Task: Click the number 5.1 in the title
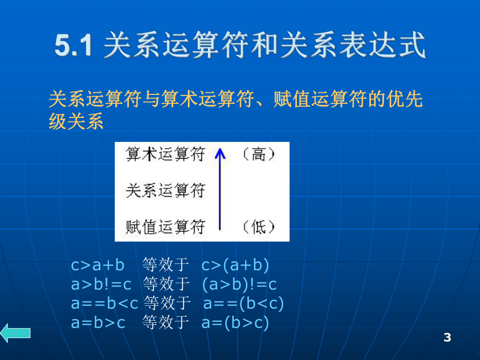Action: pyautogui.click(x=73, y=46)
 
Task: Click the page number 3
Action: pyautogui.click(x=447, y=338)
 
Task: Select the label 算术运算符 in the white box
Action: pyautogui.click(x=165, y=154)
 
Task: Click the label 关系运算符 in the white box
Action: pyautogui.click(x=165, y=191)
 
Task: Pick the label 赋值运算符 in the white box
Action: pyautogui.click(x=165, y=227)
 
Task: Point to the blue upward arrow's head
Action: pyautogui.click(x=220, y=153)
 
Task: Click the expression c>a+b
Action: pyautogui.click(x=98, y=266)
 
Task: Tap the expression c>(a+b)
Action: pyautogui.click(x=235, y=266)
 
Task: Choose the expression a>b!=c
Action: pyautogui.click(x=101, y=284)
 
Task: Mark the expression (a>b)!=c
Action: pyautogui.click(x=239, y=284)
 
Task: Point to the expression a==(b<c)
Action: pyautogui.click(x=244, y=304)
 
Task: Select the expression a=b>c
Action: pyautogui.click(x=98, y=323)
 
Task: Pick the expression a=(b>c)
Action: pyautogui.click(x=235, y=323)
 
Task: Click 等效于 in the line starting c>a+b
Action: pyautogui.click(x=165, y=266)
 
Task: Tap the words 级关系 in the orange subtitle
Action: pyautogui.click(x=76, y=122)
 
